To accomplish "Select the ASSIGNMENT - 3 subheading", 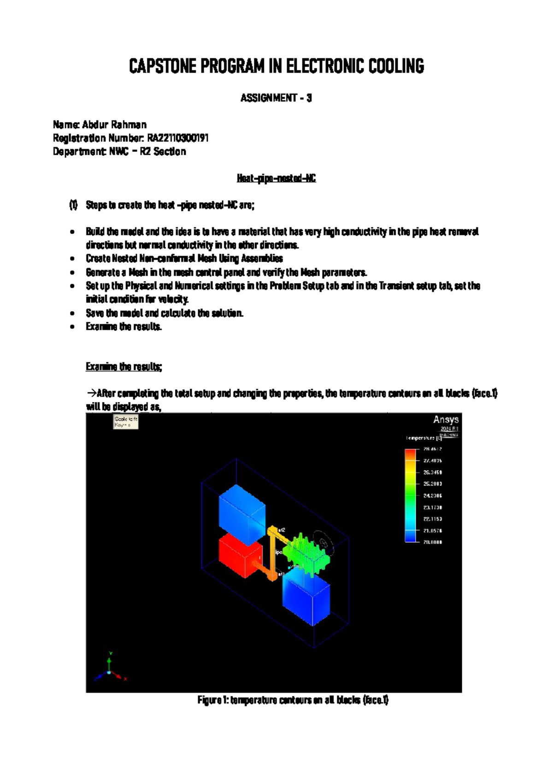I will click(x=276, y=98).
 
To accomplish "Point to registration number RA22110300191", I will click(x=178, y=138).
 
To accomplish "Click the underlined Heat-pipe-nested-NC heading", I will click(x=276, y=178).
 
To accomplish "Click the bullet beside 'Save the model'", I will click(x=72, y=314).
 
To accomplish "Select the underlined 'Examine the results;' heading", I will click(x=124, y=367).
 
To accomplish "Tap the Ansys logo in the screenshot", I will click(x=446, y=420).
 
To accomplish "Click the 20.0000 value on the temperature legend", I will click(x=433, y=542).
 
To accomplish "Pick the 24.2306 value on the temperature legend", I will click(x=433, y=496).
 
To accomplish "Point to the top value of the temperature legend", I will click(x=433, y=449).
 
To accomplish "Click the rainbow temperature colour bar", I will click(x=410, y=495).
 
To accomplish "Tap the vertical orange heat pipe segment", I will click(x=272, y=553).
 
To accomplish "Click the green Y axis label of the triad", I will click(x=111, y=653).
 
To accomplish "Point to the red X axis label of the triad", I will click(x=125, y=679).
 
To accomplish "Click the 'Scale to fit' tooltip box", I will click(x=126, y=422).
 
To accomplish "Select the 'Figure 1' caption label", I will click(x=212, y=700).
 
